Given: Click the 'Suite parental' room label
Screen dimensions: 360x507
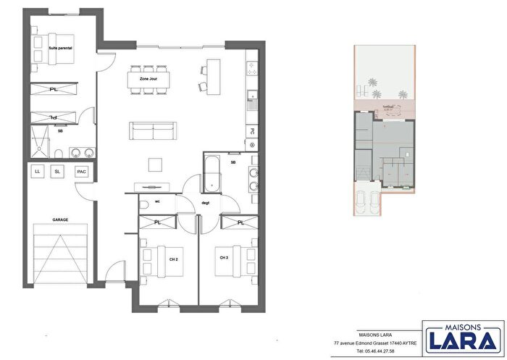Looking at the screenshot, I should (60, 49).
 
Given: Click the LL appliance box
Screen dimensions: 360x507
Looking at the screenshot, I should (37, 172).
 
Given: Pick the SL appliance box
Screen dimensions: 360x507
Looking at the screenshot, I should (58, 172).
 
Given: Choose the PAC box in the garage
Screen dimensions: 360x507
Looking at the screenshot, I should (82, 172).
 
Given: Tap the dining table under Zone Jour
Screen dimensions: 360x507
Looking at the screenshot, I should (149, 79).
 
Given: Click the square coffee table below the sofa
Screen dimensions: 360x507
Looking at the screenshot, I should (155, 164).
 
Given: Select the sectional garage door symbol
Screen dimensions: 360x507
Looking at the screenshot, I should (60, 253).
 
